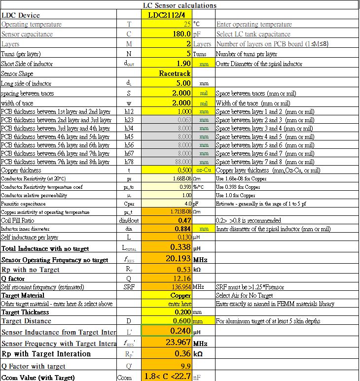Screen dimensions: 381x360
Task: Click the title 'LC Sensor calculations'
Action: click(x=180, y=5)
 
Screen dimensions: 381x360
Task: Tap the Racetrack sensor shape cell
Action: click(x=175, y=73)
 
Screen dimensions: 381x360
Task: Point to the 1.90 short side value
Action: click(x=183, y=64)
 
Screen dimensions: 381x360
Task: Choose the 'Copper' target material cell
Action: click(x=180, y=296)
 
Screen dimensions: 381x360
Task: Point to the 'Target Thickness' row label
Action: click(x=25, y=312)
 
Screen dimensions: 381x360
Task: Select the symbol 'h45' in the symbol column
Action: click(x=129, y=137)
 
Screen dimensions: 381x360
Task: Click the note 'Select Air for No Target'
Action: click(x=244, y=296)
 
